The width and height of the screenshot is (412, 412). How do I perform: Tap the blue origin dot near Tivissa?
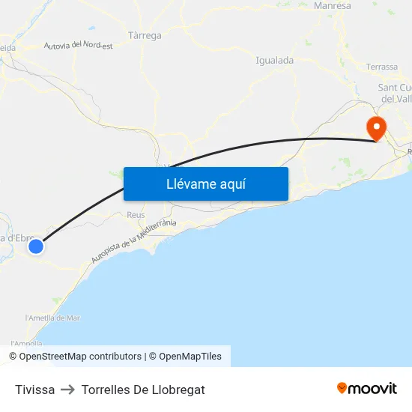pos(35,246)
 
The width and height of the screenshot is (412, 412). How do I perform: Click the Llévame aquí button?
pos(205,184)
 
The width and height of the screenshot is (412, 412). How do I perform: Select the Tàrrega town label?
pos(145,35)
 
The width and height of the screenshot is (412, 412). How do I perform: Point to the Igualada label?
pos(274,61)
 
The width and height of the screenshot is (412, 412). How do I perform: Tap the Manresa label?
pos(333,6)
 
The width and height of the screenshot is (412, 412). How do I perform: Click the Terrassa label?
pos(382,67)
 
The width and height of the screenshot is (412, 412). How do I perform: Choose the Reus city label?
pos(136,215)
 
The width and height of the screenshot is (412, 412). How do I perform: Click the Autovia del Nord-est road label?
pos(78,46)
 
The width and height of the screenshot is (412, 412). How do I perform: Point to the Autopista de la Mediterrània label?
pos(133,241)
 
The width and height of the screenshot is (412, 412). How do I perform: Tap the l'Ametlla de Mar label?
pos(52,318)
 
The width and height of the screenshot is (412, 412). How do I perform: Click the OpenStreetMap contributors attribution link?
pos(80,357)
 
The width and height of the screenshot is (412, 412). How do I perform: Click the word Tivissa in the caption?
pos(34,390)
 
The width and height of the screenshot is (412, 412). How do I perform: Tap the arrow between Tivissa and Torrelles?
pos(67,390)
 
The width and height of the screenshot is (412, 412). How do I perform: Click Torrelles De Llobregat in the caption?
pos(143,390)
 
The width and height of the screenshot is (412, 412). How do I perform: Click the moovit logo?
pos(366,388)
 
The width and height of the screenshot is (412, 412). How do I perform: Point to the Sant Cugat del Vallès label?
pos(394,93)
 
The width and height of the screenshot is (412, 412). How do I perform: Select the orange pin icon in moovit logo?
pos(342,388)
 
